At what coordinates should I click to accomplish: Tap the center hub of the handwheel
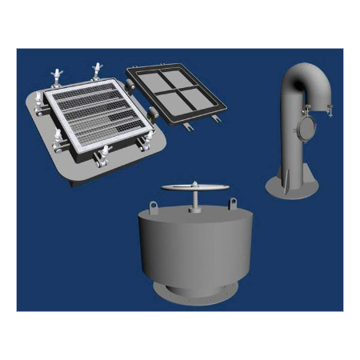[195, 188]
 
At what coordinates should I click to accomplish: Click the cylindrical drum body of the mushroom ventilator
[195, 248]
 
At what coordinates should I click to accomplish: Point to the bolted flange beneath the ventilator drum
[195, 293]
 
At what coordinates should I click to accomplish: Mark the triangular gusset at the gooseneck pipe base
[281, 172]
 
